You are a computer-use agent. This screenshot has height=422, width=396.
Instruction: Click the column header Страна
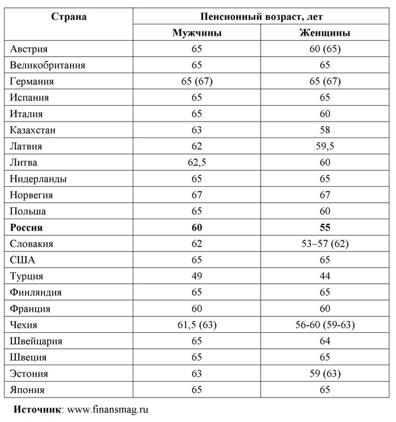[x=69, y=15]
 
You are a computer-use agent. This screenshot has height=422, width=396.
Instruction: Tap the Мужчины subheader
[x=197, y=32]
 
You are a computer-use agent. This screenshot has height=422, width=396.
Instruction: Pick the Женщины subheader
[x=323, y=32]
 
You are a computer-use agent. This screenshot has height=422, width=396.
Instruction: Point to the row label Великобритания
[x=48, y=65]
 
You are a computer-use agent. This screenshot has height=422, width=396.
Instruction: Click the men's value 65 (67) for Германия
[x=197, y=82]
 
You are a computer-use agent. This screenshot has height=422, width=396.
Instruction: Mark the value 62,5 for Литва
[x=197, y=162]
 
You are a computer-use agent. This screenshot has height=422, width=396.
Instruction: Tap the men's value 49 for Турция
[x=197, y=276]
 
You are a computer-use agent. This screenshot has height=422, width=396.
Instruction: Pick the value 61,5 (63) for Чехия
[x=197, y=325]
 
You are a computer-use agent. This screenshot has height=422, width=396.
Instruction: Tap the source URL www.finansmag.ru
[x=108, y=409]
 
